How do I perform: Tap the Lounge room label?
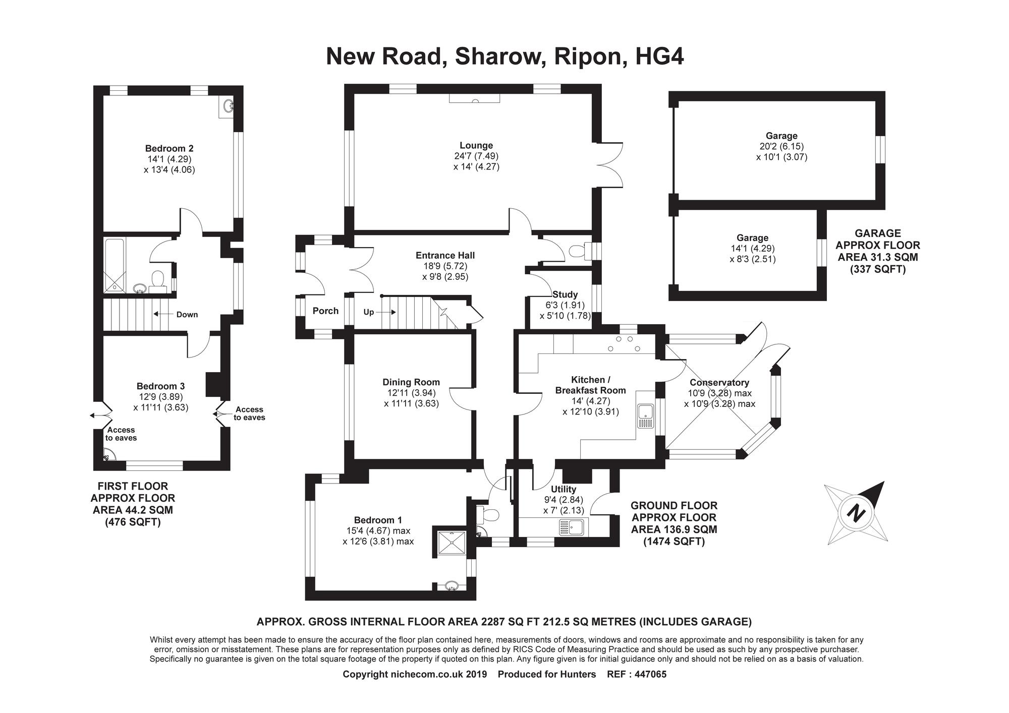coord(476,146)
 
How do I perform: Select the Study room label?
coord(565,294)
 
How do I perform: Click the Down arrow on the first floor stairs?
coord(163,314)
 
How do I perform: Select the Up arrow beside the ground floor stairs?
coord(386,312)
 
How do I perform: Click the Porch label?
coord(325,311)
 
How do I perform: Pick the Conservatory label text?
coord(719,383)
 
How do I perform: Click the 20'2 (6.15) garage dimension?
coord(781,146)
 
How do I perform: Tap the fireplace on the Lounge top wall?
coord(474,98)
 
